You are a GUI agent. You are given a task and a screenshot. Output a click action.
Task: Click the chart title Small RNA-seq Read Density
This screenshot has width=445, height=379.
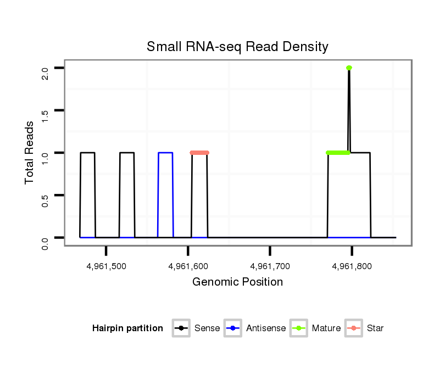(x=237, y=47)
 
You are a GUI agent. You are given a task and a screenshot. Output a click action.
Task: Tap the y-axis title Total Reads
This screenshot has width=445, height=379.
(x=30, y=153)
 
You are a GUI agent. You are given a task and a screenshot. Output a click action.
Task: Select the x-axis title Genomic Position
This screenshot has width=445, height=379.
(x=237, y=282)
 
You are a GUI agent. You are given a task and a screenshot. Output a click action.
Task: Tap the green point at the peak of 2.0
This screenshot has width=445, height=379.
(x=349, y=68)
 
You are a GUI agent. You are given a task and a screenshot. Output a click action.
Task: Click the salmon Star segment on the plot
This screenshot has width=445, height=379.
(x=199, y=153)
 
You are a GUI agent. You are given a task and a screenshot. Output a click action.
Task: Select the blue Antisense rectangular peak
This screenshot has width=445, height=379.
(x=165, y=153)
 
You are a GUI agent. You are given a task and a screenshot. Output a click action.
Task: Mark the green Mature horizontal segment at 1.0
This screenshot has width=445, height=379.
(x=338, y=153)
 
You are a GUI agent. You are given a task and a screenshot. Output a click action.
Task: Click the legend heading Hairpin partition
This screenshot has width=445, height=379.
(x=127, y=328)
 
